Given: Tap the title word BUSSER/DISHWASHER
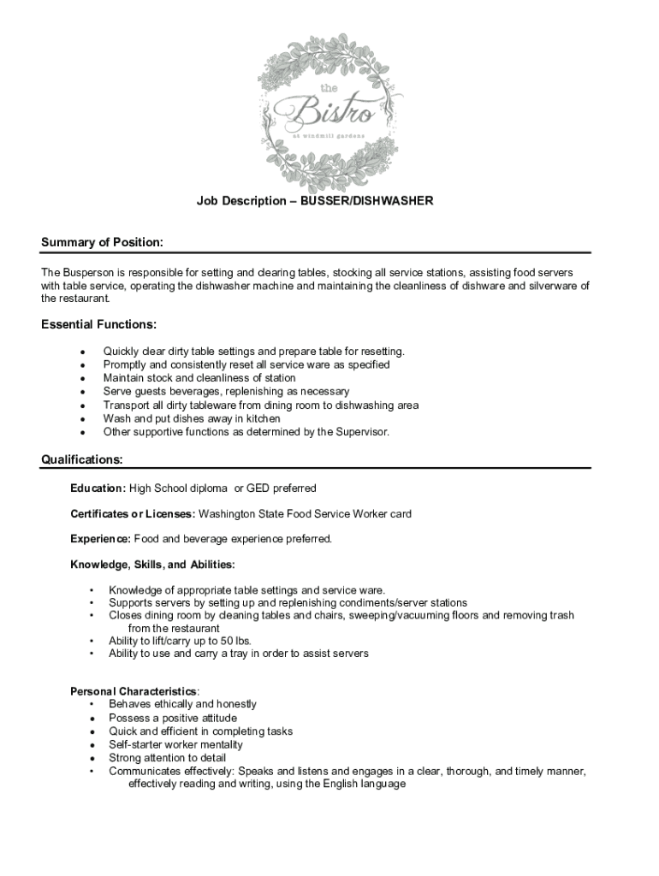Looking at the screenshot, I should coord(365,201).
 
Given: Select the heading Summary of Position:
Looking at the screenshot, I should coord(102,243).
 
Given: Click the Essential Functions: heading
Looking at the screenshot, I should coord(98,325).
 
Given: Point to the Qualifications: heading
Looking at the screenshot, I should coord(82,460).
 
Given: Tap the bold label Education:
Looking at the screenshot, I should coord(98,488).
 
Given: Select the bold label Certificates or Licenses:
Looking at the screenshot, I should coord(133,514).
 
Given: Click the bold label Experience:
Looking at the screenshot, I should coord(100,539).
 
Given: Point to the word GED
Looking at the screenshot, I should coord(259,488).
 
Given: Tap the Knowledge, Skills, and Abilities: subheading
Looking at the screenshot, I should coord(152,565).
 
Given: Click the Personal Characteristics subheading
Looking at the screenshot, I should coord(134,691).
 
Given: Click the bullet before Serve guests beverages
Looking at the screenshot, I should coord(81,392).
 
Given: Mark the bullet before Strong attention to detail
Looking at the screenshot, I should coord(92,758).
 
